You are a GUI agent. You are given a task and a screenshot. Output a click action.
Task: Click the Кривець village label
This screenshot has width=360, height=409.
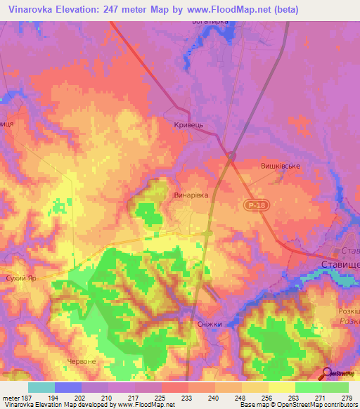[x=188, y=124]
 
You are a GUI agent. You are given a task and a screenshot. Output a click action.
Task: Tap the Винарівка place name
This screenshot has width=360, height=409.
[x=191, y=196]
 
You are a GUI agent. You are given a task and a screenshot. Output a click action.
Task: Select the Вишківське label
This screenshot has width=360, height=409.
[x=281, y=166]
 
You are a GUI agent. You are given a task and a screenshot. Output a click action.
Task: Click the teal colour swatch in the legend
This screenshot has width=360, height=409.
[x=41, y=387]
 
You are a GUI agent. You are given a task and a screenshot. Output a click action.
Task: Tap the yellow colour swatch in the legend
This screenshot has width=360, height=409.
[x=281, y=387]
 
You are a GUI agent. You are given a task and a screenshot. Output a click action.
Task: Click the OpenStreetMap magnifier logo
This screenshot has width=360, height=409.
[x=326, y=373]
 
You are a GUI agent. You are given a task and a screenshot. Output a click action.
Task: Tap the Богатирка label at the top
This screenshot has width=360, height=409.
[x=211, y=22]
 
